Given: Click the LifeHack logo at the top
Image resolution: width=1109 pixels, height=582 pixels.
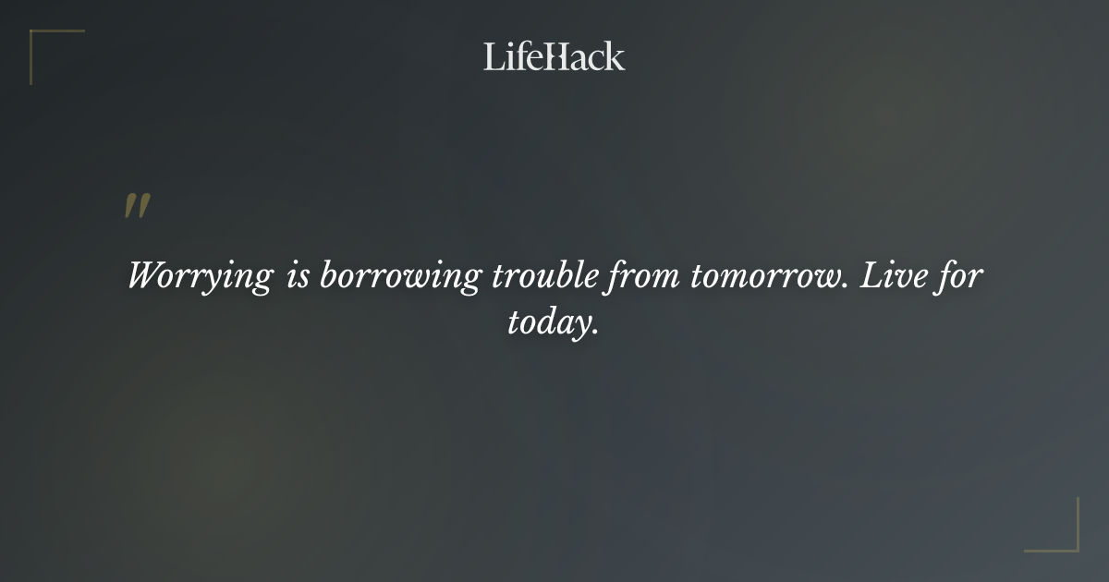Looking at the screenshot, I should [x=554, y=56].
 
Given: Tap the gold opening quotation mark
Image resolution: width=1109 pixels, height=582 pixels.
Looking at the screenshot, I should [x=137, y=206].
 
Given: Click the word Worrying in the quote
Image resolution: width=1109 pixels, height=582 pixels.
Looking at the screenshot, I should [x=201, y=277].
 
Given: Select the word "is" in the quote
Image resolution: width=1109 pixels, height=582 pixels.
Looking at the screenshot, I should [x=298, y=275].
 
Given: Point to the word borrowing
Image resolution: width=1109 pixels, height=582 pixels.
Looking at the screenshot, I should [x=399, y=277].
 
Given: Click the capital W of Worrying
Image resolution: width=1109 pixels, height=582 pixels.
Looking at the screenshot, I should [x=143, y=275].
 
